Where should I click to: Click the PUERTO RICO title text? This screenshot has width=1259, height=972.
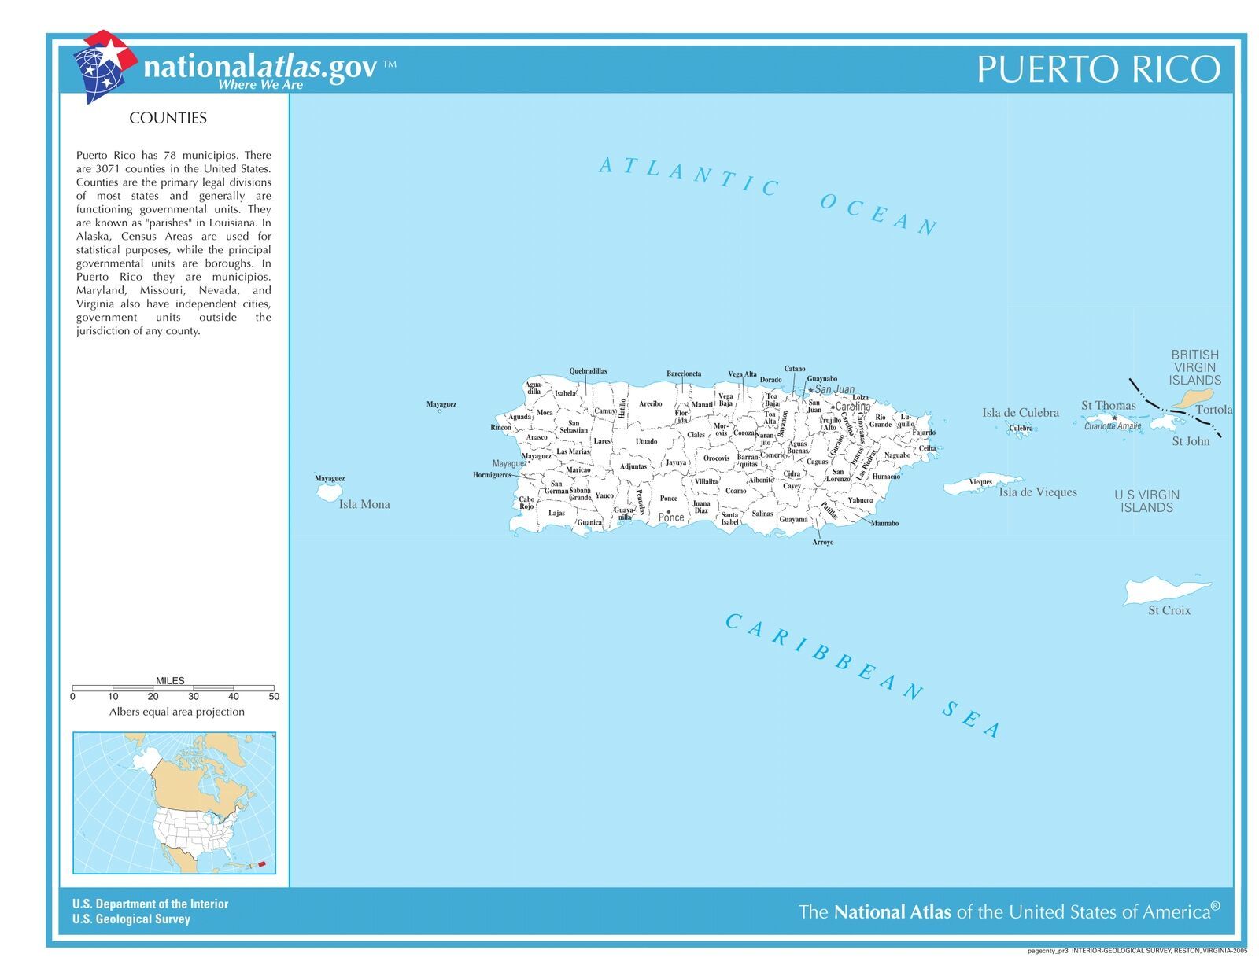click(1098, 69)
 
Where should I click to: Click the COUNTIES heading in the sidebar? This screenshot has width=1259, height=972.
click(168, 118)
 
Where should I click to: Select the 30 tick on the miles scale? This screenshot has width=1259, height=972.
click(193, 696)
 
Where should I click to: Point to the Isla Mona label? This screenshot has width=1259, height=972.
click(364, 504)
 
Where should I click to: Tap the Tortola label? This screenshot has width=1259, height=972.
click(1213, 410)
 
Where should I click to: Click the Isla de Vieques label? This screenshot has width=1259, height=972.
click(1037, 492)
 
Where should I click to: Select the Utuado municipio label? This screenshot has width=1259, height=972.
click(646, 441)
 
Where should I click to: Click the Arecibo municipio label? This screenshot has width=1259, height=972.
click(650, 403)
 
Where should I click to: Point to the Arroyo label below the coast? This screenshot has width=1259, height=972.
click(822, 543)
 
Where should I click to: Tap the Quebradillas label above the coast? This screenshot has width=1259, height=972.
click(588, 371)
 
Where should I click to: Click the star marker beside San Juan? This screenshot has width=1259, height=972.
click(810, 390)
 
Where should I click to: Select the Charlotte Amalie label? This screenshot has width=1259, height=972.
click(1112, 426)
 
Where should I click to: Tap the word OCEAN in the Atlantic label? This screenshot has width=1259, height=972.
click(878, 213)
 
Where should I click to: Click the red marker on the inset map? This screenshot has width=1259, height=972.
click(262, 863)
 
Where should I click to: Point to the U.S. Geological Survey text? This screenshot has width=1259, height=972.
click(131, 919)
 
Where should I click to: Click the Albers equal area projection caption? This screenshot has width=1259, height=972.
click(176, 712)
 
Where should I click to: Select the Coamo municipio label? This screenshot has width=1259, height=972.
click(736, 491)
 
